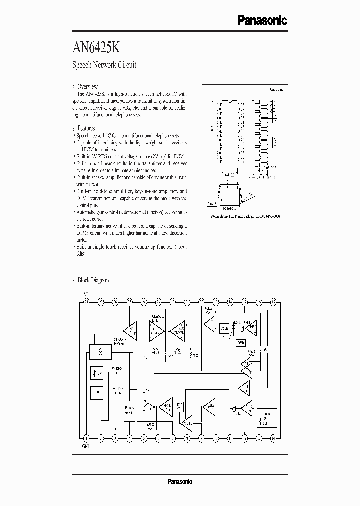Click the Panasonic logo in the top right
coord(261,20)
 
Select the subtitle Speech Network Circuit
coord(104,65)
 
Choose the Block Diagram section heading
coord(93,280)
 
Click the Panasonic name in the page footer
coord(179,481)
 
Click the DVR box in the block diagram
coord(241,343)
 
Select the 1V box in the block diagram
coord(97,393)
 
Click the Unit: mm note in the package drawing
coord(276,90)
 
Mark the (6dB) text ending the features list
coord(81,254)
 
